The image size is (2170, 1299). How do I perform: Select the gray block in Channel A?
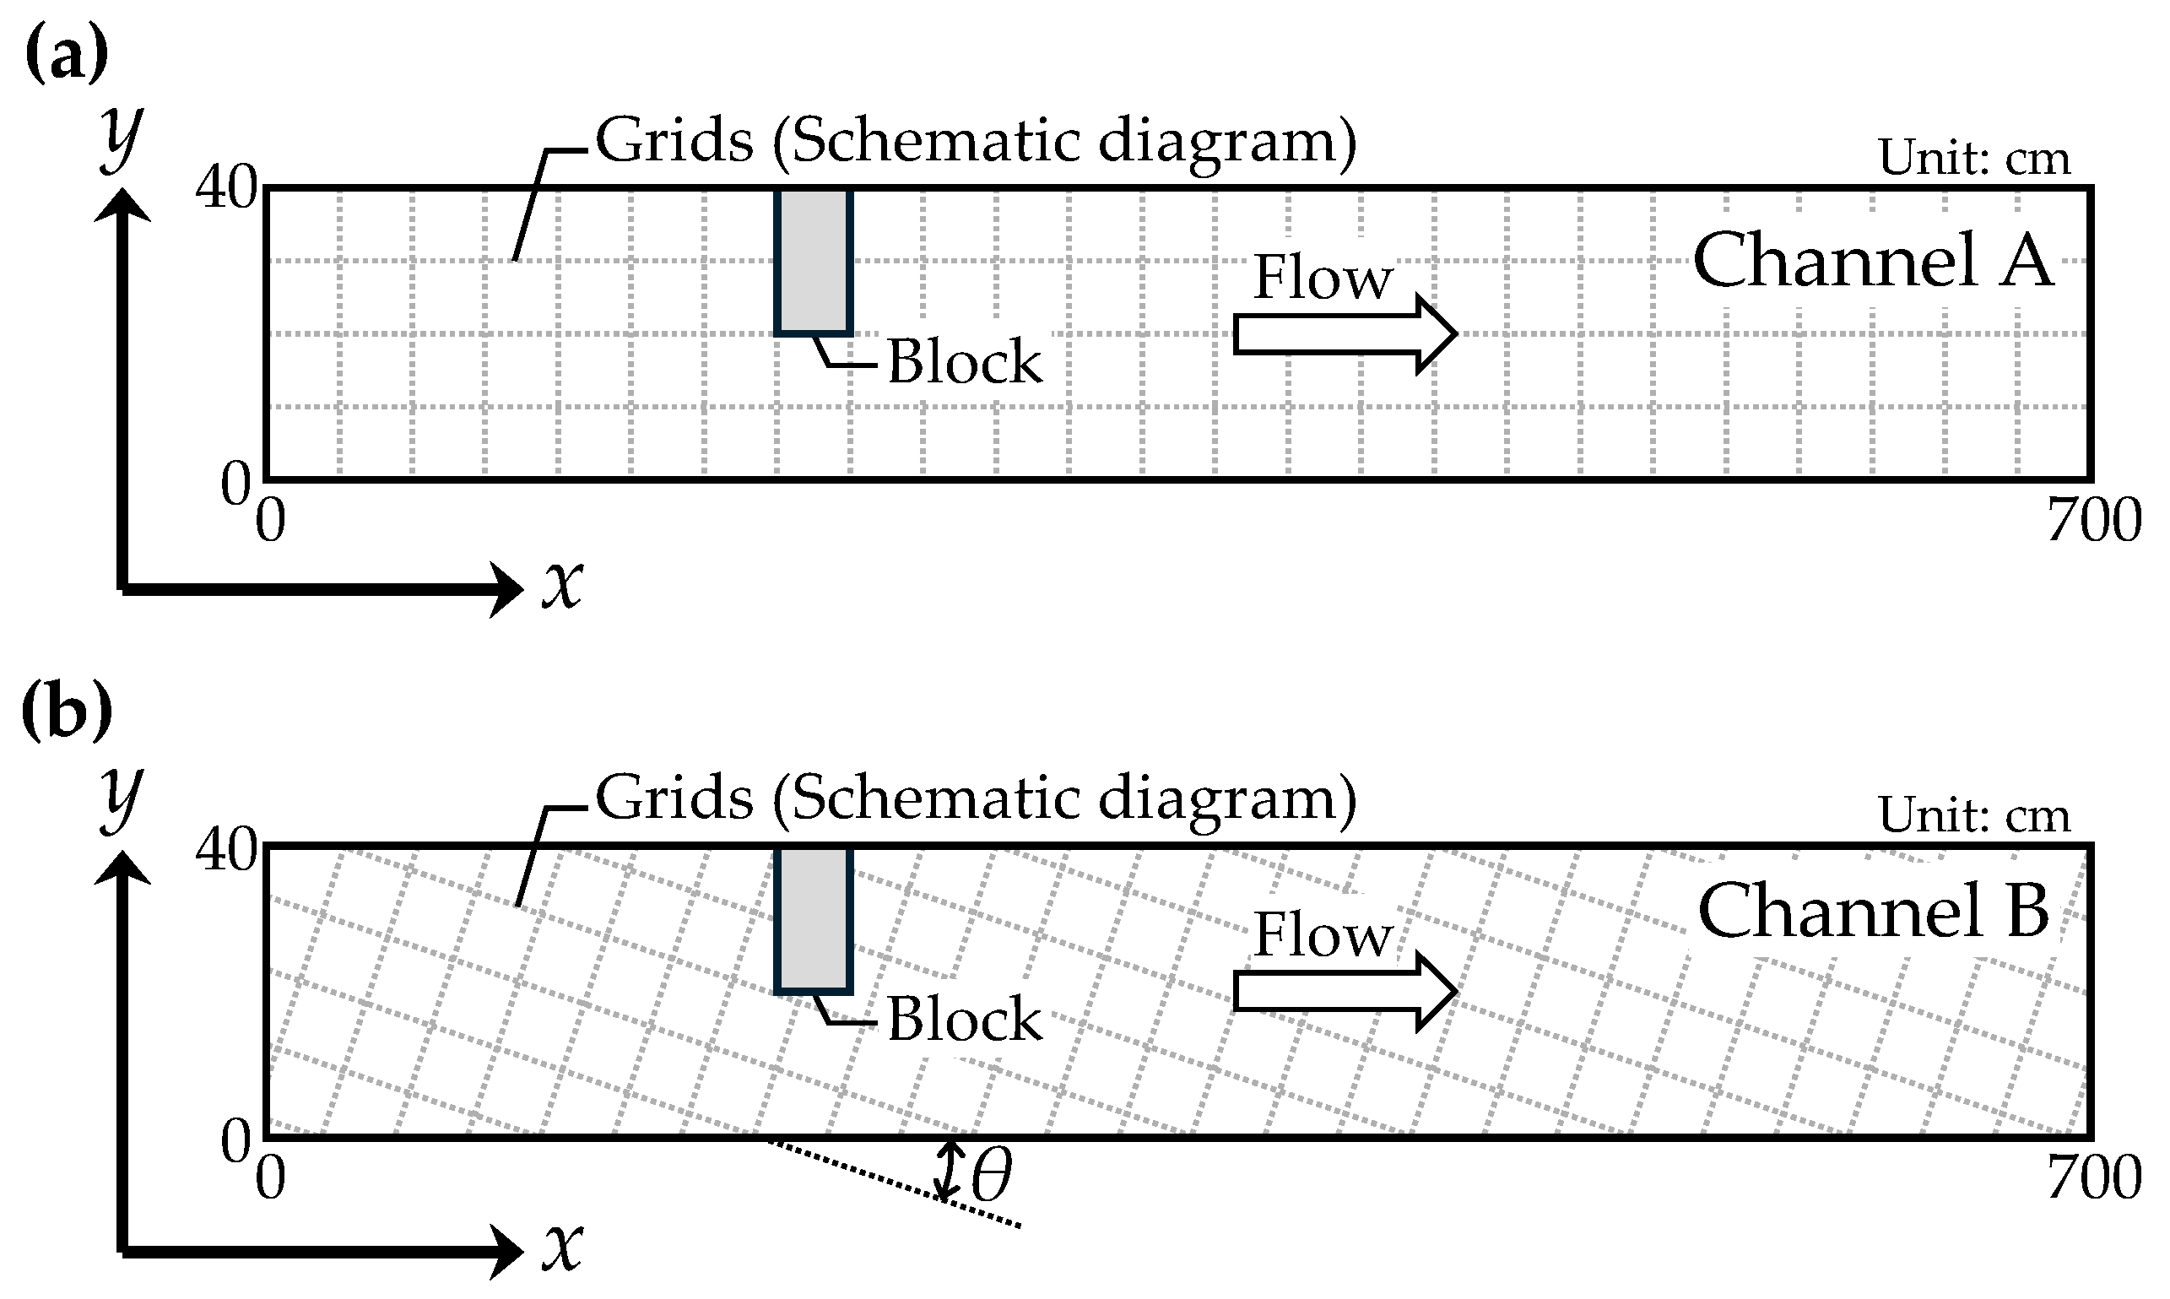point(813,261)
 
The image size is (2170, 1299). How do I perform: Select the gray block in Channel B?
point(813,919)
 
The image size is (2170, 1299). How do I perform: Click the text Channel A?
point(1872,260)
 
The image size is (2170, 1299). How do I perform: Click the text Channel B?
point(1872,912)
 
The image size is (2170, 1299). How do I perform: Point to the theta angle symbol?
point(991,1176)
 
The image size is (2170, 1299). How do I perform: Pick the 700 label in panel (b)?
point(2094,1177)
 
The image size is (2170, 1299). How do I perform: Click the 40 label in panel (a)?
point(226,187)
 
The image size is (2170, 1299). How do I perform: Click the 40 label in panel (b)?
point(226,849)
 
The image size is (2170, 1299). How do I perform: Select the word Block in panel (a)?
point(965,361)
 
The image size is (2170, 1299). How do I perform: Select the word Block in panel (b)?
point(965,1019)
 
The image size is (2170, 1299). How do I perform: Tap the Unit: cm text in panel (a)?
point(1974,159)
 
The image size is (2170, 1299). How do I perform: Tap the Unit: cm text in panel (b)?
point(1974,816)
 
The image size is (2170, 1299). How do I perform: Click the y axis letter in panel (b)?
point(121,798)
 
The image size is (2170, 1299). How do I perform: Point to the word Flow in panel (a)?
point(1322,278)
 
